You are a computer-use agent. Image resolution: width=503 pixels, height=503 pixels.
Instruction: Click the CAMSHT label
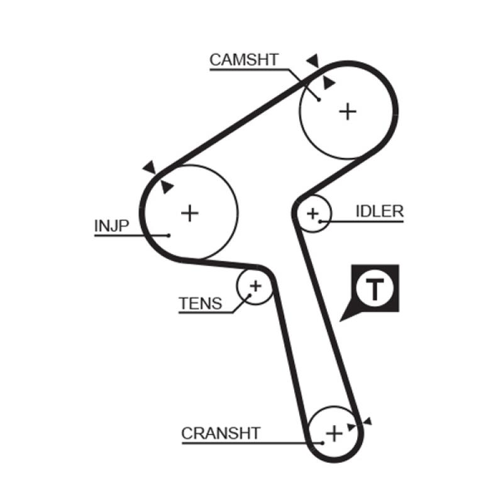click(243, 60)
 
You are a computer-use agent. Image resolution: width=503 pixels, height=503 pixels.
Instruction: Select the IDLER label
click(379, 211)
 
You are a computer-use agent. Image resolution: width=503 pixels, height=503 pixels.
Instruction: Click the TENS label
click(201, 304)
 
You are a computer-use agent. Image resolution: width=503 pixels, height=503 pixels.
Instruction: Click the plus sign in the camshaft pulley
click(348, 111)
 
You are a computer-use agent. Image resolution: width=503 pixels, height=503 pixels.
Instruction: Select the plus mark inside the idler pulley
click(312, 214)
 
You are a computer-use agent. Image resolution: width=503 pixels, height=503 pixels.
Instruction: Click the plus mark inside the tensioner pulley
click(255, 286)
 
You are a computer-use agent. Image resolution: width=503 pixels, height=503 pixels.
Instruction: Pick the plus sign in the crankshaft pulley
click(334, 433)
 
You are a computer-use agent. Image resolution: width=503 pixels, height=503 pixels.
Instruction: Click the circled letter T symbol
click(375, 289)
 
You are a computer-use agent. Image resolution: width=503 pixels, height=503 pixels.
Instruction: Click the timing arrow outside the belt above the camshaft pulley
click(312, 61)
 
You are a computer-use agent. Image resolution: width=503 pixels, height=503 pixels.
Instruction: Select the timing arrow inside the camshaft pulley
click(328, 83)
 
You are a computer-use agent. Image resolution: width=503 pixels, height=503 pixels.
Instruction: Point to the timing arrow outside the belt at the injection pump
click(149, 167)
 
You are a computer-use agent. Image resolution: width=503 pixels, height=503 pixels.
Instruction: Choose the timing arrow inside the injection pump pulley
click(167, 187)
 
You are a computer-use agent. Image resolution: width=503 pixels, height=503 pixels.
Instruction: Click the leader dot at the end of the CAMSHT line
click(319, 99)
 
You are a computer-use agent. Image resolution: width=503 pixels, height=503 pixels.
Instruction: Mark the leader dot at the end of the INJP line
click(169, 236)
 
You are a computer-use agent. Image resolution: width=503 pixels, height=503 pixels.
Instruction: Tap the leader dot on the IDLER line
click(321, 221)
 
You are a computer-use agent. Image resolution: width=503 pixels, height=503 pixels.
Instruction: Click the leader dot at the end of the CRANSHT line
click(322, 443)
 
